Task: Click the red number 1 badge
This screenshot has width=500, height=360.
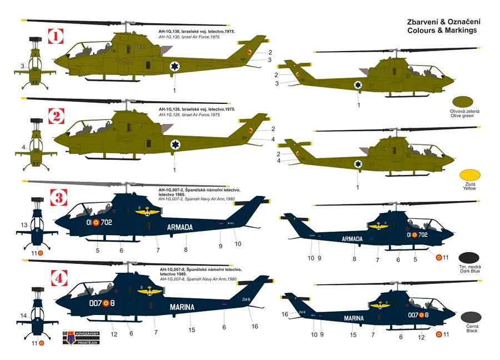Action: point(55,38)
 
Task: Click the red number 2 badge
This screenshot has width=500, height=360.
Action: point(55,117)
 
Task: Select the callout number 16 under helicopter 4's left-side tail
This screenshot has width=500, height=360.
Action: point(255,326)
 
